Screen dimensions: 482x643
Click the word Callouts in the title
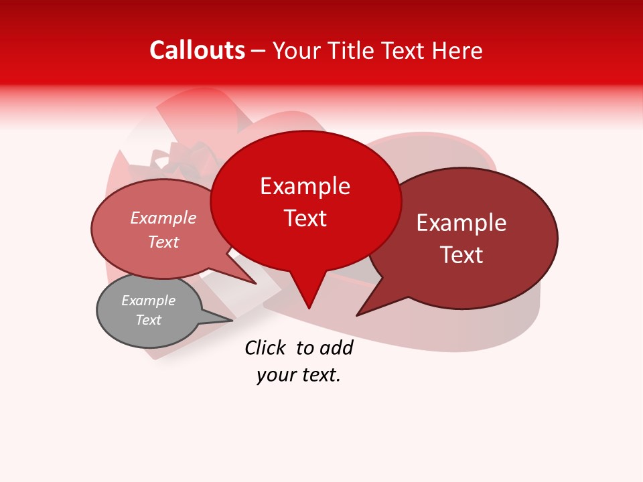coord(197,51)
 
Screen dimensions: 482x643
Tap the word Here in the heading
coord(456,51)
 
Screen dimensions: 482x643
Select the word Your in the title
coord(297,51)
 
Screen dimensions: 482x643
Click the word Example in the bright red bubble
coord(305,186)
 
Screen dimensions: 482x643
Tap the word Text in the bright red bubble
coord(305,218)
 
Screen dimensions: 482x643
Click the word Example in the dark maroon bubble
coord(461,223)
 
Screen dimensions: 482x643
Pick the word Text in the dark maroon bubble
coord(461,255)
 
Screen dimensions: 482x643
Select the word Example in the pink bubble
coord(163,218)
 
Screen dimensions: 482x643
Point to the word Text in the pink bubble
coord(163,242)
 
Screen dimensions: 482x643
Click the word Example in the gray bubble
coord(148,301)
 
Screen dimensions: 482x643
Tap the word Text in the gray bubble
coord(148,320)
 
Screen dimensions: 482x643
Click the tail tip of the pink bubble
coord(255,283)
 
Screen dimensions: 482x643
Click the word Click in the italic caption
coord(266,348)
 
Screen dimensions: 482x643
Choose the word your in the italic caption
coord(275,375)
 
